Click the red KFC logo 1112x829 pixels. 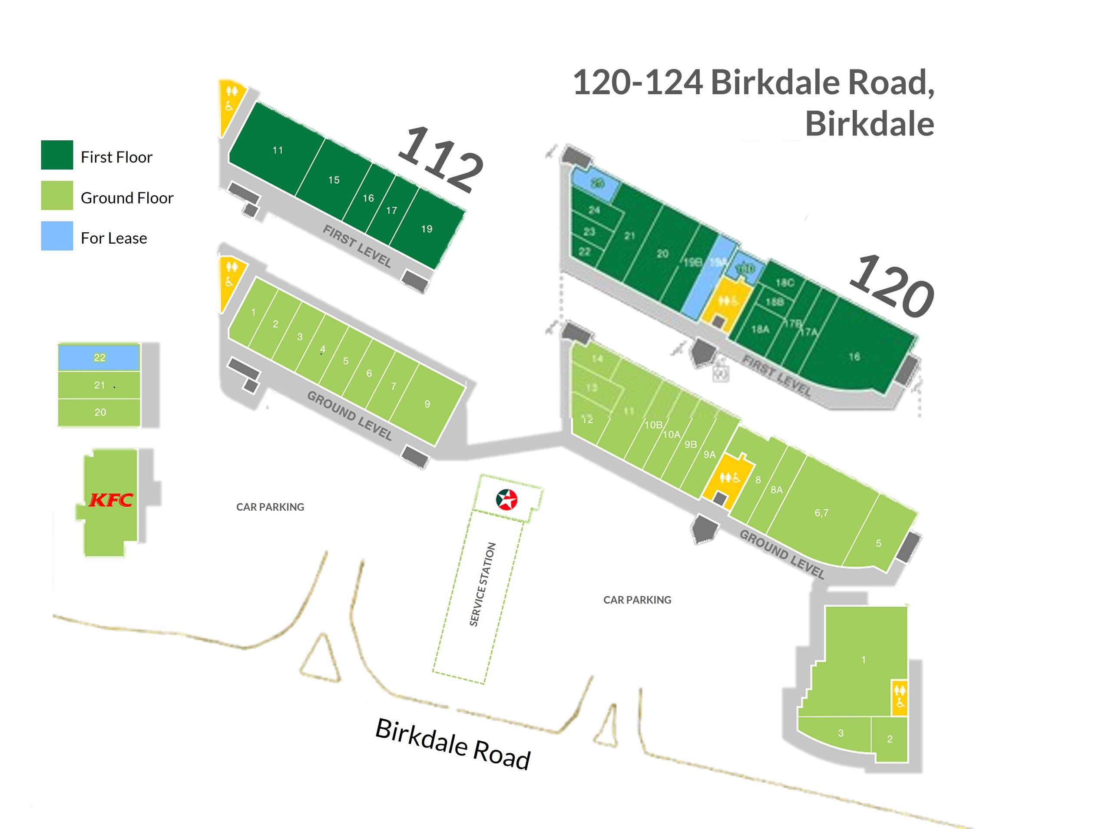point(111,500)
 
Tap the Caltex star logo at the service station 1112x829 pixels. point(506,499)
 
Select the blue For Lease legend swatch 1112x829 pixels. point(57,236)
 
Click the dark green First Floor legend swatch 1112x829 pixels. point(57,155)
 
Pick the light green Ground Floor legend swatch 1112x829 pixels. point(57,195)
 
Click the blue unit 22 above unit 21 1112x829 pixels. point(99,357)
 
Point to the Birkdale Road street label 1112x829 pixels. point(453,744)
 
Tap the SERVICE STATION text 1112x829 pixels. point(482,584)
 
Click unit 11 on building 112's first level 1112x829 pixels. point(277,150)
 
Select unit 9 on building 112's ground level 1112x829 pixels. point(427,404)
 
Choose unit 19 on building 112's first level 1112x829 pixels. point(427,229)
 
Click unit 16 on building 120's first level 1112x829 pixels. point(854,357)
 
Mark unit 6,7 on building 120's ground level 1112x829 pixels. point(821,512)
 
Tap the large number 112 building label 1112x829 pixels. point(440,159)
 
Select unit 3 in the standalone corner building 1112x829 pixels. point(841,733)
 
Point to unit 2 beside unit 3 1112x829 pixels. point(890,739)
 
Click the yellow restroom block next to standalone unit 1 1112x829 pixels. point(900,697)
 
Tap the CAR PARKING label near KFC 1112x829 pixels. point(270,507)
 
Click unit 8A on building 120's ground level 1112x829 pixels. point(776,490)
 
